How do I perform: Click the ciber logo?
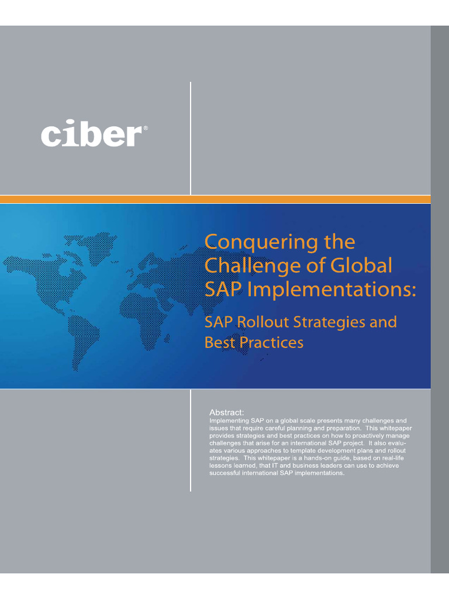click(92, 135)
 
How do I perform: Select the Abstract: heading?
click(227, 412)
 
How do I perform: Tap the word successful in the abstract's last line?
click(224, 473)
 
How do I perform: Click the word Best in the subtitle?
click(217, 343)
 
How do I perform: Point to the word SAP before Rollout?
click(216, 322)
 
